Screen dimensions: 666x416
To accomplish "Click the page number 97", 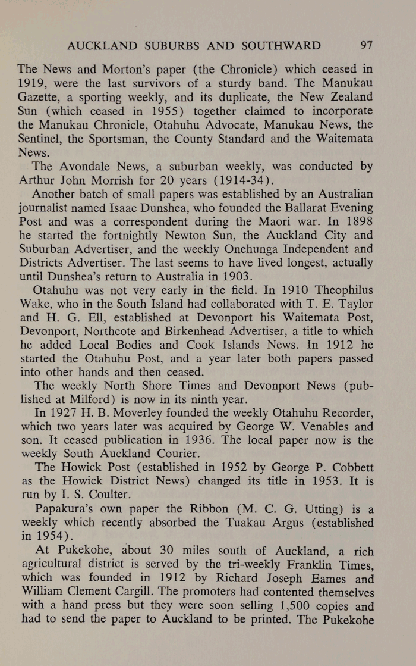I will pos(366,45).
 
